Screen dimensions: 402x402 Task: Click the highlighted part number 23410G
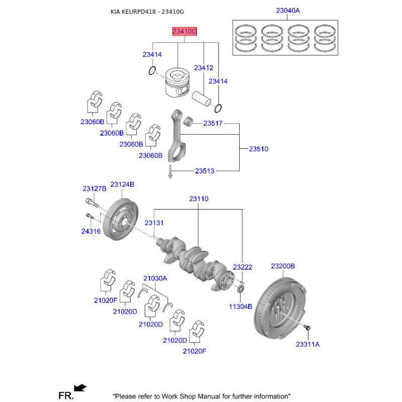(184, 31)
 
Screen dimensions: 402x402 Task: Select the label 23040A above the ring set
(287, 11)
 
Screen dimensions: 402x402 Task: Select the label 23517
(213, 123)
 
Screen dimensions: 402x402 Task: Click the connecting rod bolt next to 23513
(171, 171)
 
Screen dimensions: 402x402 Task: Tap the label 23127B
(94, 189)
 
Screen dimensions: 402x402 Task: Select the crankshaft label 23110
(198, 199)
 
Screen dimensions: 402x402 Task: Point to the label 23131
(154, 223)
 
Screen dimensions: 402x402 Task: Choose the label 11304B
(241, 307)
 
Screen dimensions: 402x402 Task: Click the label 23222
(242, 267)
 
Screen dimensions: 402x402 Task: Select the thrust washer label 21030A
(155, 278)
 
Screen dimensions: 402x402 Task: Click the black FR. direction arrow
(79, 387)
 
